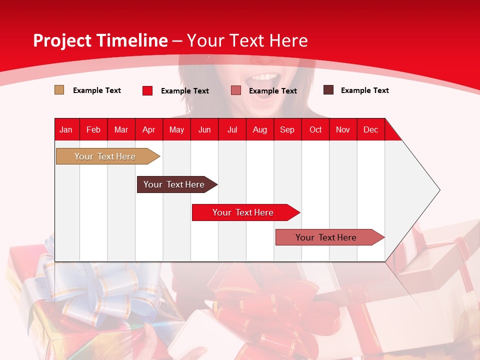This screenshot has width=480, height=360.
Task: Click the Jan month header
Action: point(66,129)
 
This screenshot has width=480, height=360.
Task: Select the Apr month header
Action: point(149,129)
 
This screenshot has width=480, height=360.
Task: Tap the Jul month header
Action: point(232,129)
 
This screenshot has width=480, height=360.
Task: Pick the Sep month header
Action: point(287,129)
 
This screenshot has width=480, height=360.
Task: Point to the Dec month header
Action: point(370,129)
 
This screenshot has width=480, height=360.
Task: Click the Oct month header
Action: point(315,129)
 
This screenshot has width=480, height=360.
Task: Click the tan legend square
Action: point(59,90)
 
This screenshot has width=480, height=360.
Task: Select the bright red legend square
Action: point(147,90)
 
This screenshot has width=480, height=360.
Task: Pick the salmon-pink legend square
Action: point(236,90)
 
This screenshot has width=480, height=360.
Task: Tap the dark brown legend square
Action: point(328,90)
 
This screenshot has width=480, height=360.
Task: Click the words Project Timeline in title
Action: point(100,40)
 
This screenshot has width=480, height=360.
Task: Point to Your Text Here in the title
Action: point(247,40)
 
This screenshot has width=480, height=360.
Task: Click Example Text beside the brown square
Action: point(364,90)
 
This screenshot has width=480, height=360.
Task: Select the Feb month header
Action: point(93,129)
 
